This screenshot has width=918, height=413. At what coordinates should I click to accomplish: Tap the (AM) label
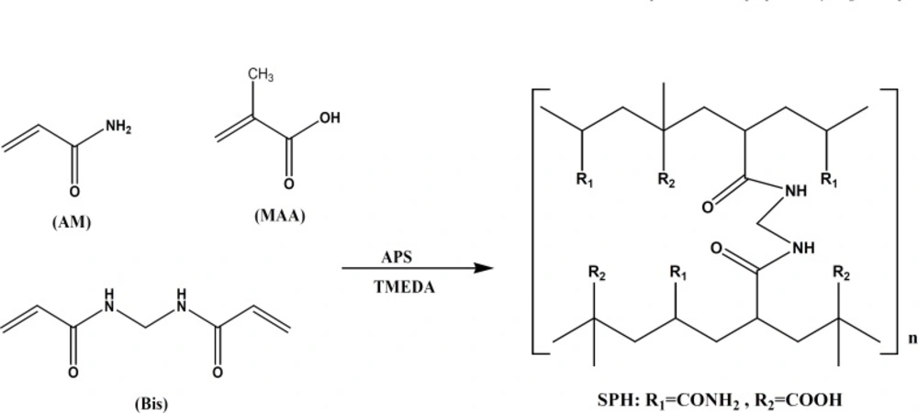click(x=71, y=222)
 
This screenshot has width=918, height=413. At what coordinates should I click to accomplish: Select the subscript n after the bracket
click(x=911, y=338)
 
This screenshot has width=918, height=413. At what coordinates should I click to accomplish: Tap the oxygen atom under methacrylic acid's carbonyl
click(x=287, y=182)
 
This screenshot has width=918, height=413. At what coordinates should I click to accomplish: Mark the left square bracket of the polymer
click(x=537, y=220)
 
